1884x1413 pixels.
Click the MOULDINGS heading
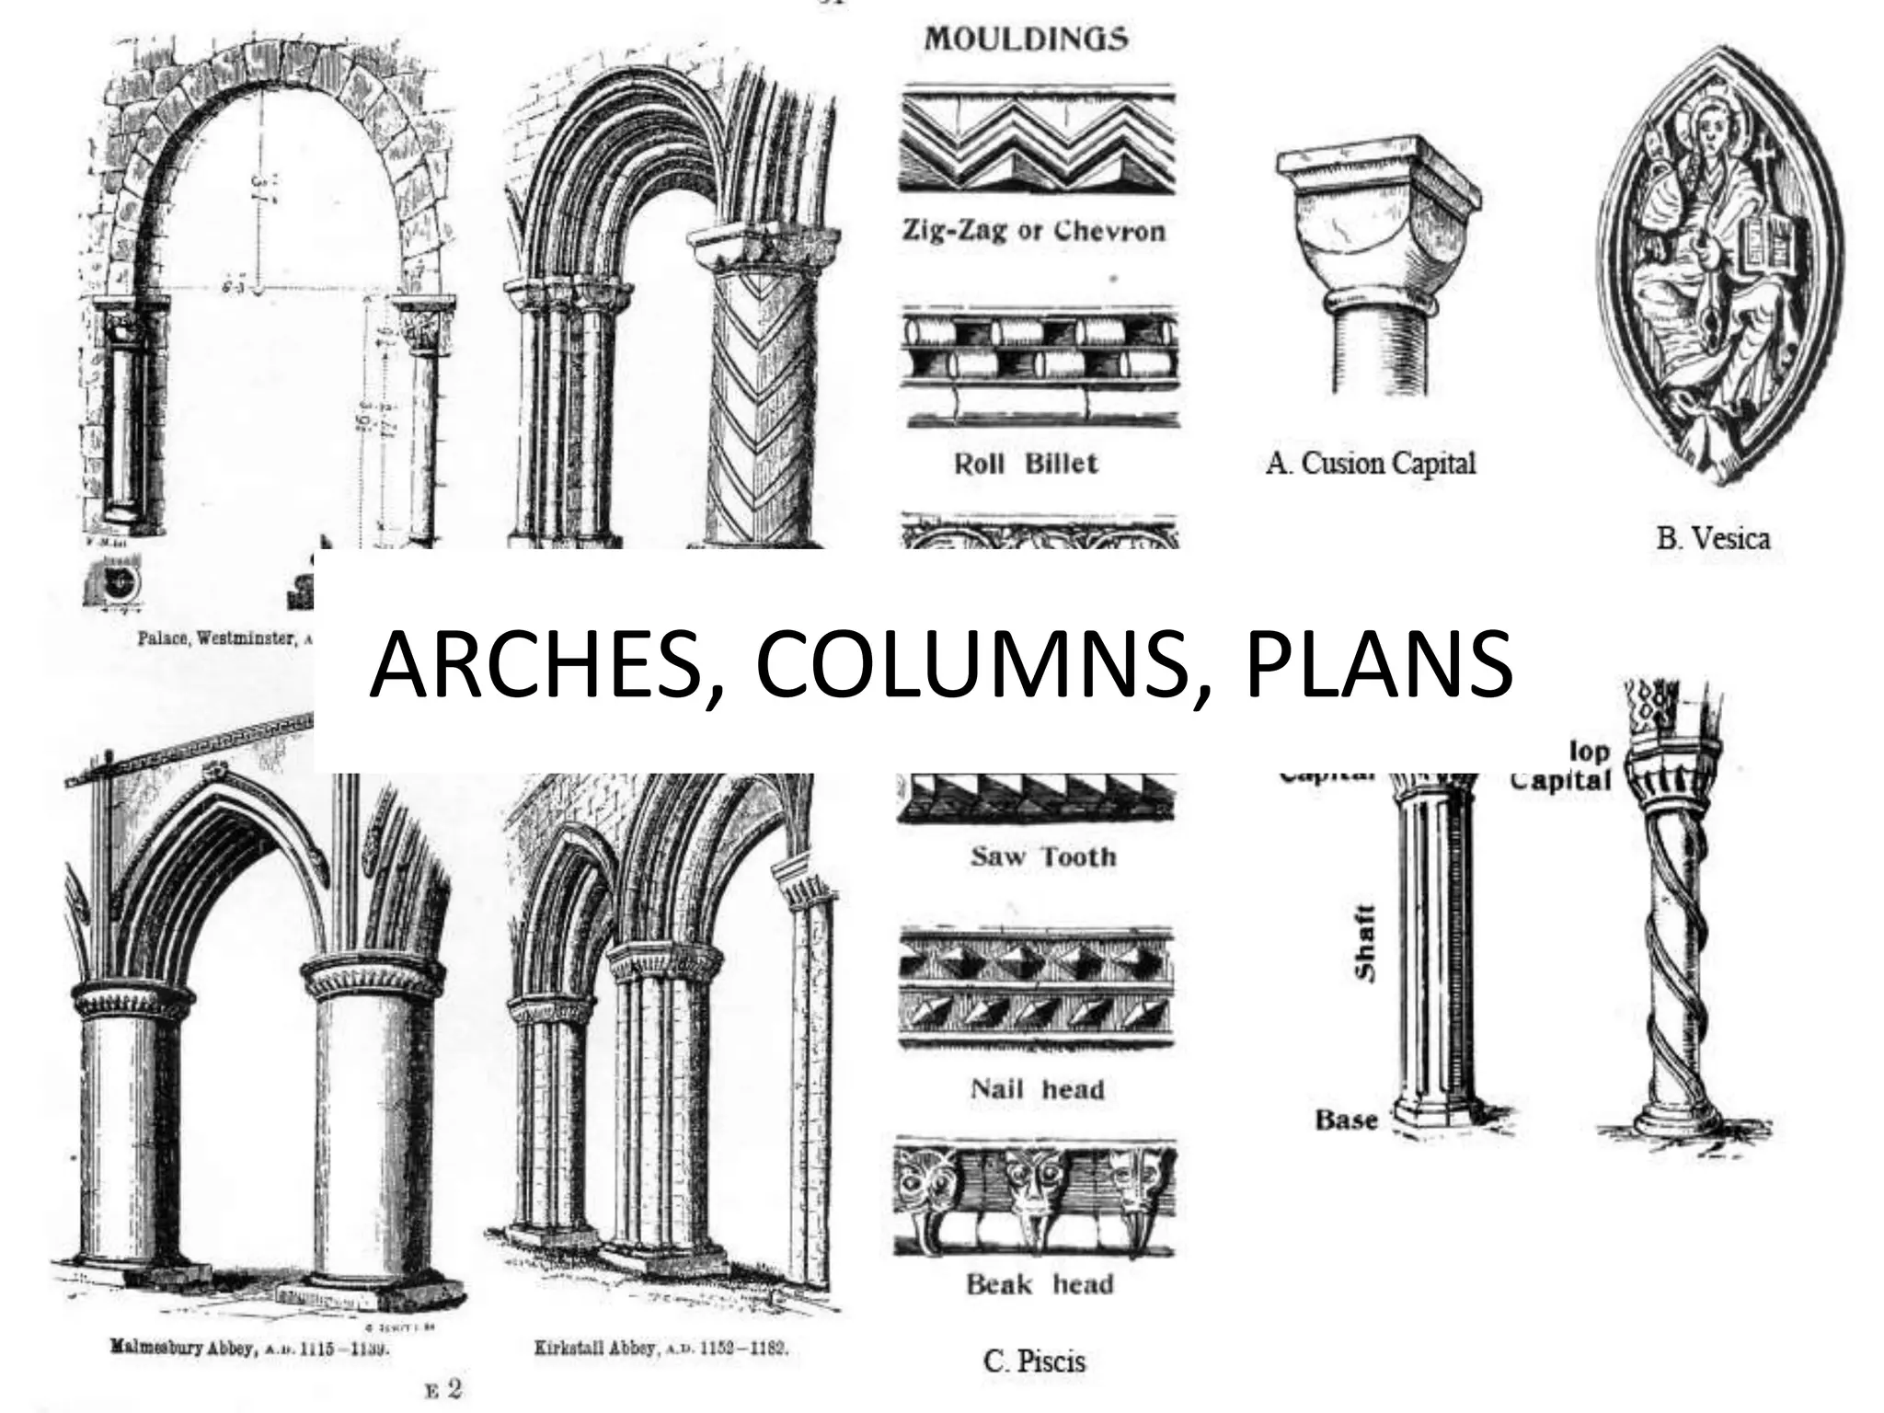(x=1026, y=40)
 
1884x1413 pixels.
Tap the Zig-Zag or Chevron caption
(x=1032, y=231)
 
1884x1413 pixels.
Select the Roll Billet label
(x=1026, y=463)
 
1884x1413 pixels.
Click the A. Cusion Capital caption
(x=1370, y=463)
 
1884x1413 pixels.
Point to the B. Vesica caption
(x=1712, y=538)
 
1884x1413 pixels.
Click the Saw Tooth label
(x=1042, y=857)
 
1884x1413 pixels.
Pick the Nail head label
(x=1037, y=1090)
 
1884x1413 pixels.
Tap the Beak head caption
(x=1039, y=1284)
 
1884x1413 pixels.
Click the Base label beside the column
(x=1346, y=1120)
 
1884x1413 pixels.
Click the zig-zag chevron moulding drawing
(x=1037, y=139)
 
